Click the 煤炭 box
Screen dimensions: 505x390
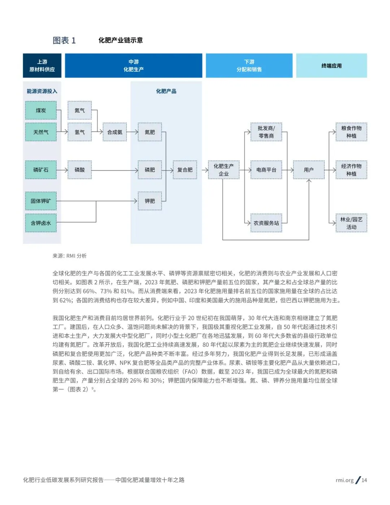(41, 111)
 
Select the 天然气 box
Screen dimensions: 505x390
(41, 132)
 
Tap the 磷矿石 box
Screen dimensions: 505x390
(41, 170)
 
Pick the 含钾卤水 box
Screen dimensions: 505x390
(41, 223)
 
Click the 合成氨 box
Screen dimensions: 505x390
(115, 132)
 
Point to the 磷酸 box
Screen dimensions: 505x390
(80, 170)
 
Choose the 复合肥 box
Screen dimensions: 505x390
(185, 170)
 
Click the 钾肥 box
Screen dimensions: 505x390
(150, 201)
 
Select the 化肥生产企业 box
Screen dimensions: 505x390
(224, 170)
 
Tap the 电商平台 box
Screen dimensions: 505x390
(266, 170)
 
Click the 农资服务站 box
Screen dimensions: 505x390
(266, 223)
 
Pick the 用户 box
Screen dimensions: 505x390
(309, 170)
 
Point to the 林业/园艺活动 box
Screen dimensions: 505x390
(351, 223)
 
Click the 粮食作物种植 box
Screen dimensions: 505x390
(351, 132)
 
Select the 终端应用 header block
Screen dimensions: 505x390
(331, 66)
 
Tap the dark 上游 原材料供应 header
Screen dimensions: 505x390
(42, 66)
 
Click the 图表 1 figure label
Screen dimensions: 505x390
(64, 40)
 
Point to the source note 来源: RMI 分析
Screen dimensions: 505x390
(70, 256)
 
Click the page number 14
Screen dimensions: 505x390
(364, 480)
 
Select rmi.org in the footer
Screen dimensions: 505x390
(344, 480)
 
